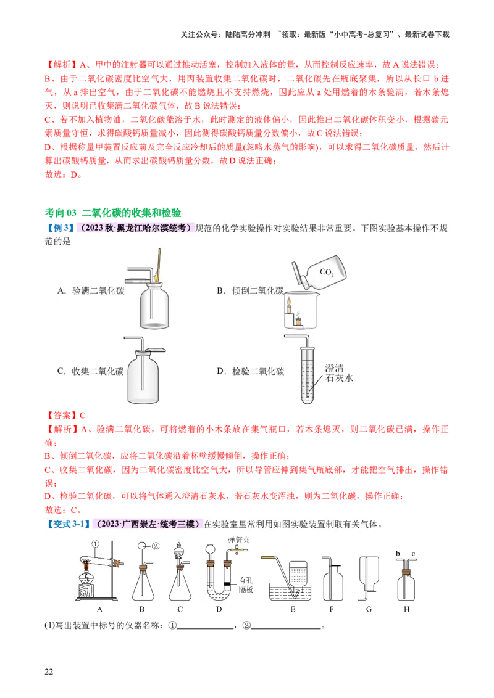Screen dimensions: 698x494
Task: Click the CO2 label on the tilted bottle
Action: coord(327,273)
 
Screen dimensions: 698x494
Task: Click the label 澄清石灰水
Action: coord(339,374)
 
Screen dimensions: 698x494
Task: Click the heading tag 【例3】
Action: coord(60,228)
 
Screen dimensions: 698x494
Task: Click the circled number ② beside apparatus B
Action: coord(156,546)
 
